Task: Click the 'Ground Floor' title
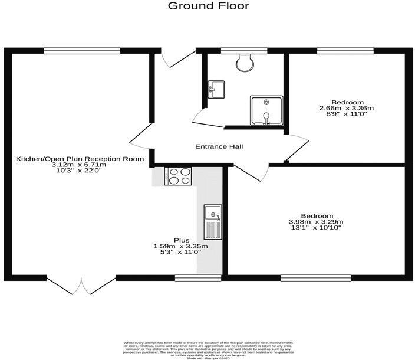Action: [x=208, y=6]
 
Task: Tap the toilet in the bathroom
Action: [x=243, y=61]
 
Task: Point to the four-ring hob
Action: [x=179, y=176]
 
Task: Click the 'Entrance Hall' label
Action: [x=219, y=146]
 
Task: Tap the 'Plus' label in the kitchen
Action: [x=181, y=240]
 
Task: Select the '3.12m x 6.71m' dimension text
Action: [x=80, y=165]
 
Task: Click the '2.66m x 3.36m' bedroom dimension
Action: [x=347, y=108]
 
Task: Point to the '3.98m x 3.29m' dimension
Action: [x=316, y=222]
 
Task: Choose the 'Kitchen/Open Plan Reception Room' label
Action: [x=80, y=159]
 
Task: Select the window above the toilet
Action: [x=243, y=50]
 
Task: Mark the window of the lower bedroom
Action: [x=315, y=276]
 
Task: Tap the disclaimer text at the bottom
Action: [x=207, y=349]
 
